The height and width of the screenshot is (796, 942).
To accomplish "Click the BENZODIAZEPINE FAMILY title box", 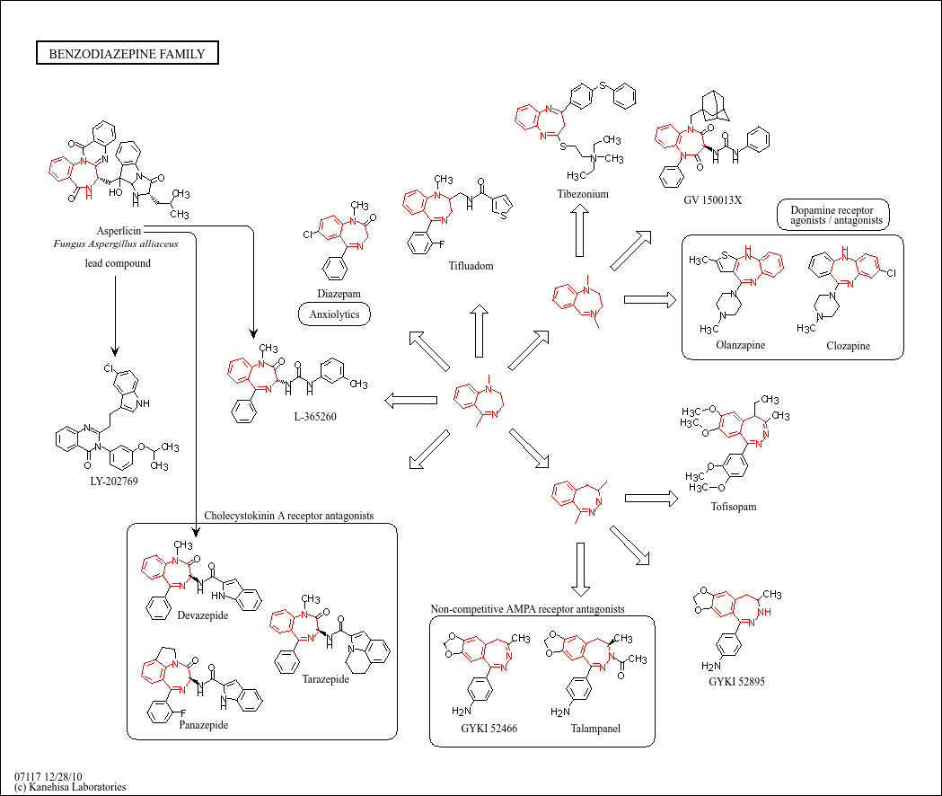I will coord(127,54).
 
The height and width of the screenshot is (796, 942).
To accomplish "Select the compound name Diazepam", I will coord(333,294).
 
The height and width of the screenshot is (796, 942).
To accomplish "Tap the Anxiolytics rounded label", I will coord(334,314).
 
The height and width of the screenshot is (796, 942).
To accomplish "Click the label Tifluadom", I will coord(471,266).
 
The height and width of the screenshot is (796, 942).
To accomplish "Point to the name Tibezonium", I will coord(583,194).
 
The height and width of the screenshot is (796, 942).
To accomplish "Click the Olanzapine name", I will coord(741,345).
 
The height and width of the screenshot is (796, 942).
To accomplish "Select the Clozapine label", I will coord(849,345).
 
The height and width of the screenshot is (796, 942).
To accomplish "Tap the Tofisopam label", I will coord(733,507).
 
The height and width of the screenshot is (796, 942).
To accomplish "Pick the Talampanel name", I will coord(595,729).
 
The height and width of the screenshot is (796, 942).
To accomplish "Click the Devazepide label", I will coord(203,615).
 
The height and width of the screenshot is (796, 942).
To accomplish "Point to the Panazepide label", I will coord(203,724).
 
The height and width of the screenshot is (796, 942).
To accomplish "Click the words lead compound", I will coord(118,263).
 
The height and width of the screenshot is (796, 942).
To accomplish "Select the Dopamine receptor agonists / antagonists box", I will coord(831,214).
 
